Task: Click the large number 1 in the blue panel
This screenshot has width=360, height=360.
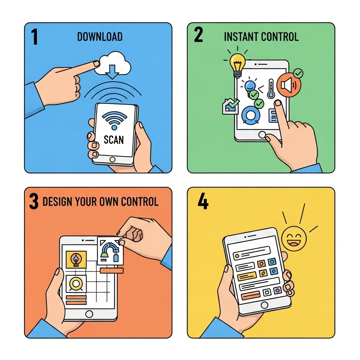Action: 34,37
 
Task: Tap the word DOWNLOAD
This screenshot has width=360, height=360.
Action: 99,37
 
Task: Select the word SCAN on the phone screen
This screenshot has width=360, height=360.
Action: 114,140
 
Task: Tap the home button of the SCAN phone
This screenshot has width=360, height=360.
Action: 112,159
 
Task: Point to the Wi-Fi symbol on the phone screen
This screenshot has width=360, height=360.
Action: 114,120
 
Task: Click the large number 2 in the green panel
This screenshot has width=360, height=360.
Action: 198,34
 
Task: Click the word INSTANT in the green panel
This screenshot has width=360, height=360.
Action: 241,37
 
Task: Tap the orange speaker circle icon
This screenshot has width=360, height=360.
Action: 289,85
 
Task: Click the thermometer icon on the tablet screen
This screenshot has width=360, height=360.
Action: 271,89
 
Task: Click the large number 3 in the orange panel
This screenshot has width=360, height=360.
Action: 34,201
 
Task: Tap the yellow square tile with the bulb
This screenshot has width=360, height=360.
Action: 76,259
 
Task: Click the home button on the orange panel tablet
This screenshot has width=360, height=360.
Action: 89,314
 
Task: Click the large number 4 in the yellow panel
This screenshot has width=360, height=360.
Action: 203,201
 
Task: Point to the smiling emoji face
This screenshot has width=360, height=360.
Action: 294,239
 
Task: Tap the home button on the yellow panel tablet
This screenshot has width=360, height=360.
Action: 264,305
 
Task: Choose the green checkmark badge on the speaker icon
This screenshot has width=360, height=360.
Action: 298,74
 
